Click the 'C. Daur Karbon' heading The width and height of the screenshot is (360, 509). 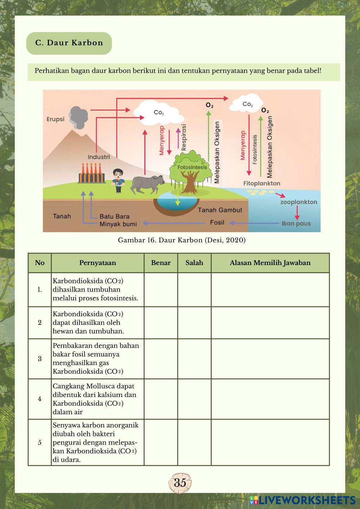tap(69, 43)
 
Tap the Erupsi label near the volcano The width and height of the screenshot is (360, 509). tap(55, 119)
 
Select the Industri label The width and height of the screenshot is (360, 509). tap(99, 157)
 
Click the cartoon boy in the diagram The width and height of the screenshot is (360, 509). tap(117, 180)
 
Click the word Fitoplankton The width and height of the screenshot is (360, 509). tap(262, 183)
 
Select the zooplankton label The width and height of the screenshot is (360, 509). tap(299, 202)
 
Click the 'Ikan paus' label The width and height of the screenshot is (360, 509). tap(296, 224)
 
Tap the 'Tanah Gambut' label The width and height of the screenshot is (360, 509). tap(220, 210)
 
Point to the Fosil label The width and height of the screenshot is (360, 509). tap(217, 222)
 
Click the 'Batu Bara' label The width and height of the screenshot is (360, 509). tap(114, 216)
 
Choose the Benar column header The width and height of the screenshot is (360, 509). tap(161, 263)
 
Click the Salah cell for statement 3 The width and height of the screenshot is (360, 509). tap(194, 359)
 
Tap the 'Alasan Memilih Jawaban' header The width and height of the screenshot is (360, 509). tap(270, 263)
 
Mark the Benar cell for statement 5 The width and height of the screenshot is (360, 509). tap(161, 442)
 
